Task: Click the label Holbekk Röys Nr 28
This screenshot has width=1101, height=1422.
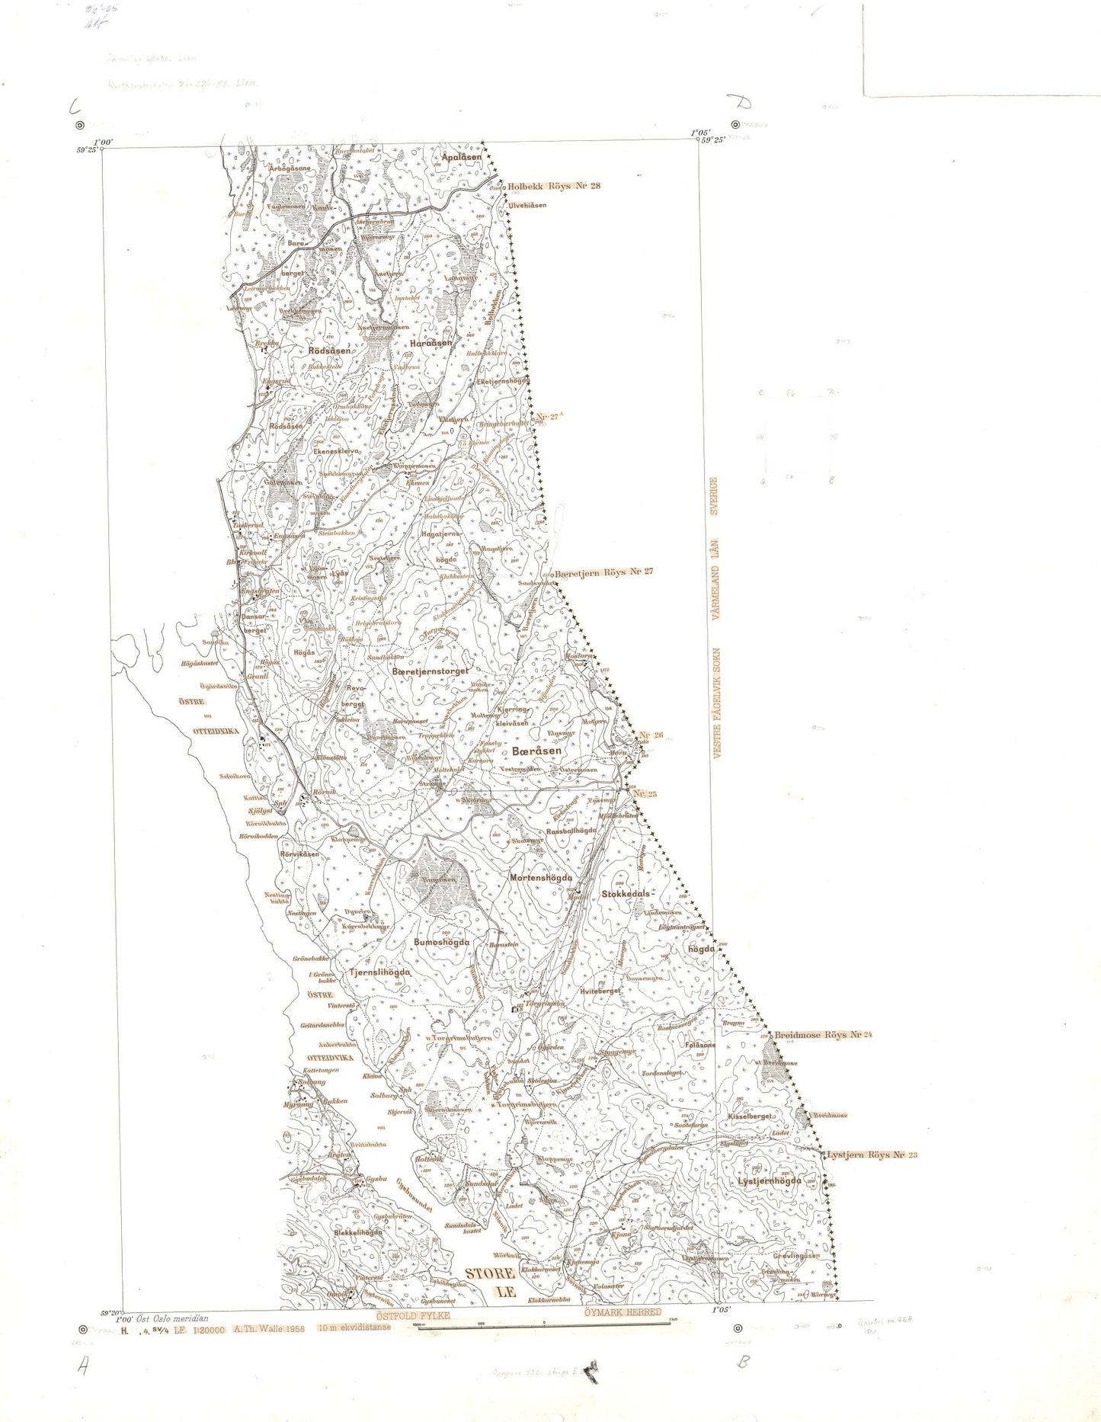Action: click(x=554, y=185)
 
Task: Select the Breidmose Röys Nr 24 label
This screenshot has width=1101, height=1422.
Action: click(x=822, y=1036)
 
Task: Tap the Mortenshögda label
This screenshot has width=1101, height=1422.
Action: click(x=541, y=877)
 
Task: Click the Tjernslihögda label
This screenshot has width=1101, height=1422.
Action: click(x=379, y=973)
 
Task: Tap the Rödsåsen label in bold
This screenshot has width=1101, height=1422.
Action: click(x=330, y=351)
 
